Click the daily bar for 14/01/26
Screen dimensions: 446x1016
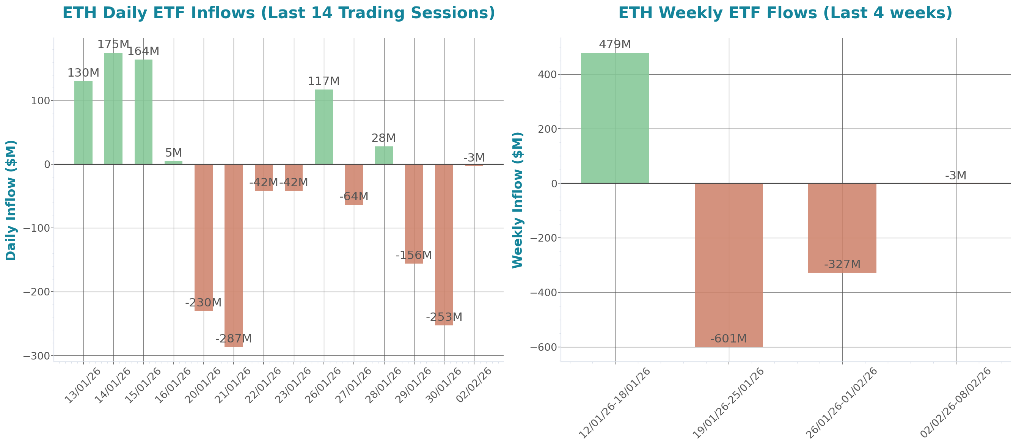pos(113,108)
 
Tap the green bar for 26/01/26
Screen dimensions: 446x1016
pos(324,127)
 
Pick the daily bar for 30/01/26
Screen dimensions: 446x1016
pos(444,245)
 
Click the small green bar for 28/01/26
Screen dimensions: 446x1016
pos(384,155)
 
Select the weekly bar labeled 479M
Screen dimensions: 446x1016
pos(615,118)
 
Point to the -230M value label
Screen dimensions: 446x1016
pos(203,303)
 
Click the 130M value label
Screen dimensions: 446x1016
pos(83,73)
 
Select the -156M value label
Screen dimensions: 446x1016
pos(413,255)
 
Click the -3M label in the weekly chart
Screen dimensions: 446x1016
pos(955,176)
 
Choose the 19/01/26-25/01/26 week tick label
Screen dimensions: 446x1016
pos(728,403)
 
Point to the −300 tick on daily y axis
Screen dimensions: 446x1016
pos(37,356)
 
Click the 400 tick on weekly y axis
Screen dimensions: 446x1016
pos(547,75)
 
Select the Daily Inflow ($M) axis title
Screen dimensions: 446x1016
pos(11,200)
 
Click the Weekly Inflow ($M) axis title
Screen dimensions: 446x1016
pos(517,200)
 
